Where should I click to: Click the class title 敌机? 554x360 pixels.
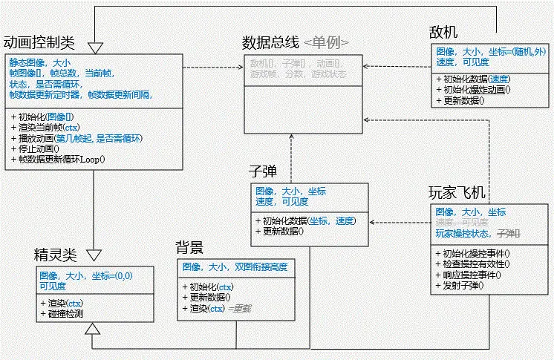[443, 33]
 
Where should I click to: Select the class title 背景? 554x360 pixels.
[189, 248]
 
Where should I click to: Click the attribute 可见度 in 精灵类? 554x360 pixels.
[53, 286]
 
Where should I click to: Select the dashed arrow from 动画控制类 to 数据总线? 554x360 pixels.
[213, 68]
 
